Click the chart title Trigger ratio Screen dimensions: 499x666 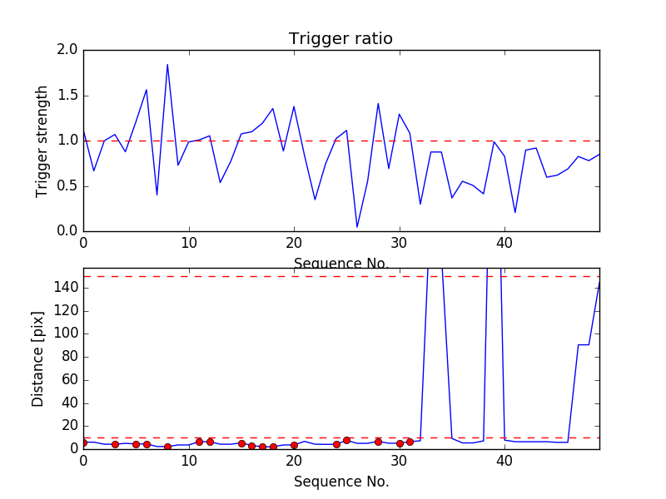point(340,39)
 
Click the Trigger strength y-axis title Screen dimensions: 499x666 point(42,141)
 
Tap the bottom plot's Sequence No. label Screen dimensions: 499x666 point(340,482)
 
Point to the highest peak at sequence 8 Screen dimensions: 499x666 point(167,65)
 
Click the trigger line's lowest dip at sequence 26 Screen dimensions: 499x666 point(357,227)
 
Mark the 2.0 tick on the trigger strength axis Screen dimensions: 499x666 point(67,50)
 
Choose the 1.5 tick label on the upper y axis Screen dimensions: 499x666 point(67,96)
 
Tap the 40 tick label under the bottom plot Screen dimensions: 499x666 point(504,462)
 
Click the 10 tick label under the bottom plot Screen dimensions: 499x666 point(189,462)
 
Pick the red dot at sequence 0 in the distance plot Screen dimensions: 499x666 point(83,442)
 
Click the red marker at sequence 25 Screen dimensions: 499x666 point(346,440)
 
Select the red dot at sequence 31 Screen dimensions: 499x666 point(410,442)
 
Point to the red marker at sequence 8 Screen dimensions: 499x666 point(167,447)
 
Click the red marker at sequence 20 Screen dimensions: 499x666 point(294,445)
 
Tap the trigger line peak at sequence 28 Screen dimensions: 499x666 point(378,104)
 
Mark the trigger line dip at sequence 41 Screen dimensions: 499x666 point(515,213)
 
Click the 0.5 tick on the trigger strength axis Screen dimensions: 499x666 point(67,185)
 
